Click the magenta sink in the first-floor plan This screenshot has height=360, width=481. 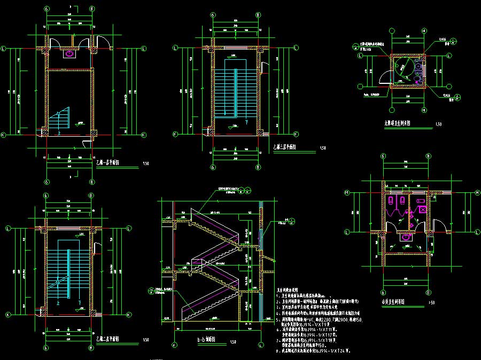pos(69,53)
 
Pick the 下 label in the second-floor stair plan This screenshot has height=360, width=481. pos(79,302)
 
